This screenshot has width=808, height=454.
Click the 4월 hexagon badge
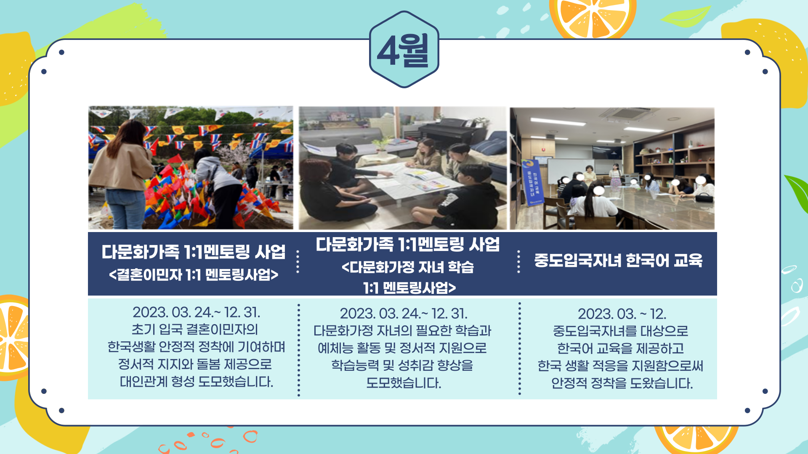point(404,50)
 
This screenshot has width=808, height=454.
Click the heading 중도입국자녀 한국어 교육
point(618,261)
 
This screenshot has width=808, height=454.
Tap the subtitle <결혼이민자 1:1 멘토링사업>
point(194,275)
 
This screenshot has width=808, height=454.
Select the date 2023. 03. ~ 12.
point(622,314)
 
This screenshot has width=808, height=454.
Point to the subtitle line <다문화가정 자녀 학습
point(408,267)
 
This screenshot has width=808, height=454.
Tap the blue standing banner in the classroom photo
point(532,183)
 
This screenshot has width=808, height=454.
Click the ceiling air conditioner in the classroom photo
point(630,114)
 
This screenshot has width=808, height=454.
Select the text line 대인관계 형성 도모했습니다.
point(197,382)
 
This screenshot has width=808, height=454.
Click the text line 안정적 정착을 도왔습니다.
point(622,383)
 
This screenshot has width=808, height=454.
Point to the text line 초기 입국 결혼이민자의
point(195,330)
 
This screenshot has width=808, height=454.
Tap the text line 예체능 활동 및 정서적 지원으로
point(402,348)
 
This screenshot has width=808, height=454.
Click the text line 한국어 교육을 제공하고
point(621,348)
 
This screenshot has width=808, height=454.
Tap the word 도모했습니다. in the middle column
point(404,383)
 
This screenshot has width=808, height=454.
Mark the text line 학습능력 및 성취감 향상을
point(402,365)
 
